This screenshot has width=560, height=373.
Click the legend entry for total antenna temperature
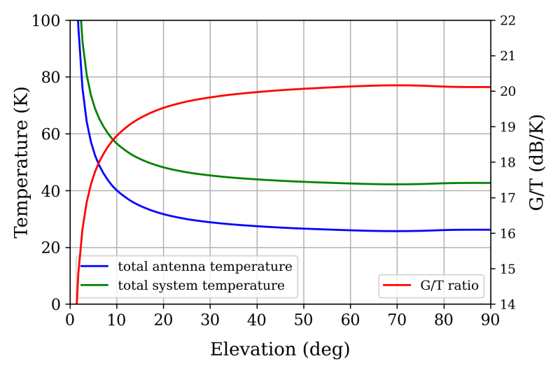pyautogui.click(x=186, y=266)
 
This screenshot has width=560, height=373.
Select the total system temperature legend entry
pyautogui.click(x=183, y=286)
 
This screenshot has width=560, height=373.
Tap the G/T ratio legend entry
pyautogui.click(x=430, y=286)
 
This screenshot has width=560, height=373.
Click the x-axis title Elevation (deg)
pyautogui.click(x=279, y=349)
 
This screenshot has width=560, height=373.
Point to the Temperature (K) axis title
pyautogui.click(x=21, y=162)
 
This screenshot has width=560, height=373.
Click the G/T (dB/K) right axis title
pyautogui.click(x=536, y=162)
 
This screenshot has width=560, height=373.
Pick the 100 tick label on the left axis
pyautogui.click(x=46, y=21)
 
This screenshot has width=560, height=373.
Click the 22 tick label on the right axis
pyautogui.click(x=507, y=21)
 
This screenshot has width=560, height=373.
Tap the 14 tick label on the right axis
pyautogui.click(x=507, y=304)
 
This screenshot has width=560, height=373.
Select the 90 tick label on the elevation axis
pyautogui.click(x=491, y=319)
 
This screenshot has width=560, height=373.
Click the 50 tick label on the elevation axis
pyautogui.click(x=304, y=319)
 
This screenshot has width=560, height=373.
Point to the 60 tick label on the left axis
pyautogui.click(x=50, y=134)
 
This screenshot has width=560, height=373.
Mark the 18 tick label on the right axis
pyautogui.click(x=507, y=163)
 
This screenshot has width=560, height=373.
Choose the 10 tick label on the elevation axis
pyautogui.click(x=117, y=319)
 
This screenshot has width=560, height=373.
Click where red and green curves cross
pyautogui.click(x=113, y=139)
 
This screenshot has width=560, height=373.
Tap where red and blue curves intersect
pyautogui.click(x=99, y=164)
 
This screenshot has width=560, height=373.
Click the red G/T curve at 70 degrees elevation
pyautogui.click(x=397, y=85)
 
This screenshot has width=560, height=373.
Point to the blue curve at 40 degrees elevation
pyautogui.click(x=257, y=226)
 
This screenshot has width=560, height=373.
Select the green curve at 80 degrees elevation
pyautogui.click(x=444, y=183)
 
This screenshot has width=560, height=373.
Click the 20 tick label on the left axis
pyautogui.click(x=50, y=248)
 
